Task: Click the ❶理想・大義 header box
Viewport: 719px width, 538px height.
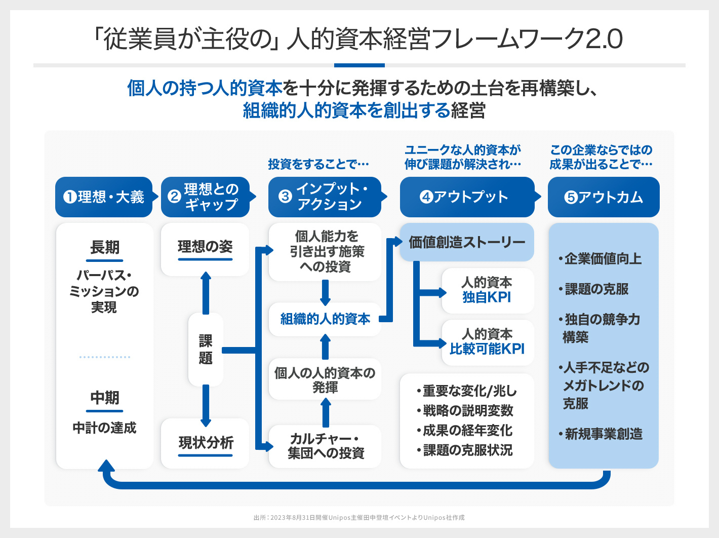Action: pos(104,197)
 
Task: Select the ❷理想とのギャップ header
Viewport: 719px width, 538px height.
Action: pos(206,197)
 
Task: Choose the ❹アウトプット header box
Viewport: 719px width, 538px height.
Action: pos(466,197)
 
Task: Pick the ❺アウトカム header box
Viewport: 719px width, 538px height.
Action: pos(604,197)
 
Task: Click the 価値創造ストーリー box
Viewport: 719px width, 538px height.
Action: pos(467,242)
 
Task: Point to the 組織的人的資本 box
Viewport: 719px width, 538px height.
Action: pos(325,319)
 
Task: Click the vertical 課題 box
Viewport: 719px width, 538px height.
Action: pos(206,350)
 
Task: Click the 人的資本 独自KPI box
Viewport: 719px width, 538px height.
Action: pos(487,290)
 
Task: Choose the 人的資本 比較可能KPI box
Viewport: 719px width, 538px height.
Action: pos(487,342)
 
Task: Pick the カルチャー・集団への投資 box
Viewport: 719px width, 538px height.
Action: pos(325,446)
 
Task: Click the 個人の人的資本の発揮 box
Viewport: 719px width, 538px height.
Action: pos(325,380)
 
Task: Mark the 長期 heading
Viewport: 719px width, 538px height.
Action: pos(105,248)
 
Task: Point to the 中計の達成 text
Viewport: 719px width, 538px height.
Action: pos(104,428)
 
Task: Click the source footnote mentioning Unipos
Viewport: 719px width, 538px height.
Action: pos(359,518)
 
